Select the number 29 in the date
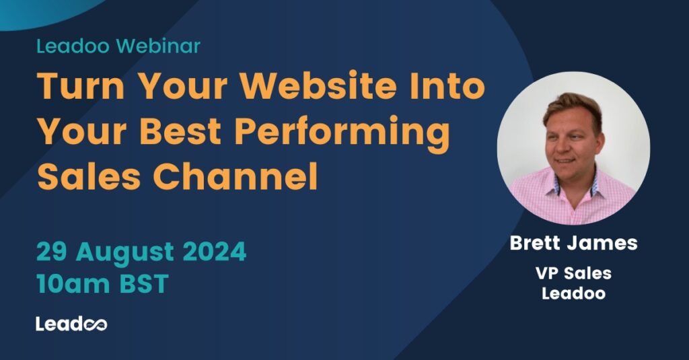click(52, 252)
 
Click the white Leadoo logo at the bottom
click(71, 324)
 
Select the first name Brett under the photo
click(540, 243)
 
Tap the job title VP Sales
click(573, 274)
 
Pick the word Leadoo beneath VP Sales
click(573, 293)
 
